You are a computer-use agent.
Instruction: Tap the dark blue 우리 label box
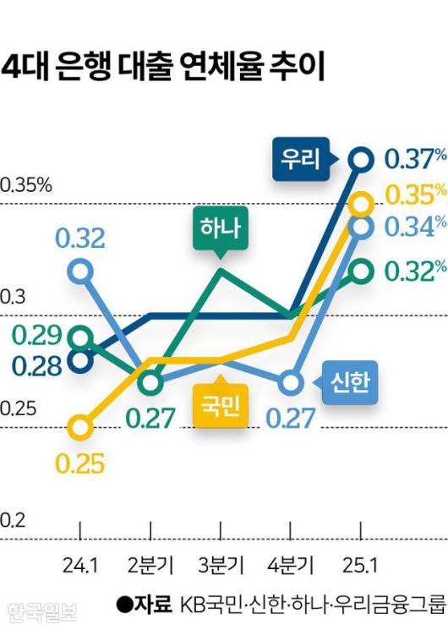pos(302,158)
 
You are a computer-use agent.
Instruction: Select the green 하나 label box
pos(221,228)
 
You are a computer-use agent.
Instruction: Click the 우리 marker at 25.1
pos(361,158)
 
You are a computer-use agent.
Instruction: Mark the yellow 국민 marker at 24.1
pos(80,427)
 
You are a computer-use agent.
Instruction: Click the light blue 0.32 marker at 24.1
pos(80,271)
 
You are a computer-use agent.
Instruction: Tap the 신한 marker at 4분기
pos(291,382)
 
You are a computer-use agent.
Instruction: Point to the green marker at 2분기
pos(150,382)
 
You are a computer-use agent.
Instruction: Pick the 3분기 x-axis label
pos(221,564)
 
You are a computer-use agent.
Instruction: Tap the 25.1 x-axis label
pos(361,564)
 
